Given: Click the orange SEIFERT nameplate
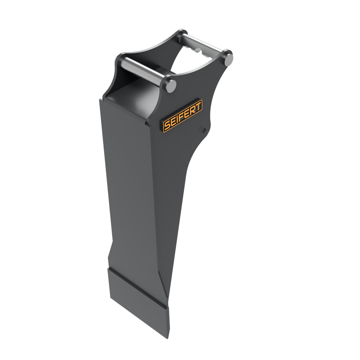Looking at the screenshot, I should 182,116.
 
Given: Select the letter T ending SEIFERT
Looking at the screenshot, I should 198,106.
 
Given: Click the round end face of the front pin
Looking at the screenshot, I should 171,85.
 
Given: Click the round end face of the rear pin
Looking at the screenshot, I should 228,57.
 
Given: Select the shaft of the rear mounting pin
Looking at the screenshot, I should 203,45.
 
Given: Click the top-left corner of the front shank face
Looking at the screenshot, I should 100,99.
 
